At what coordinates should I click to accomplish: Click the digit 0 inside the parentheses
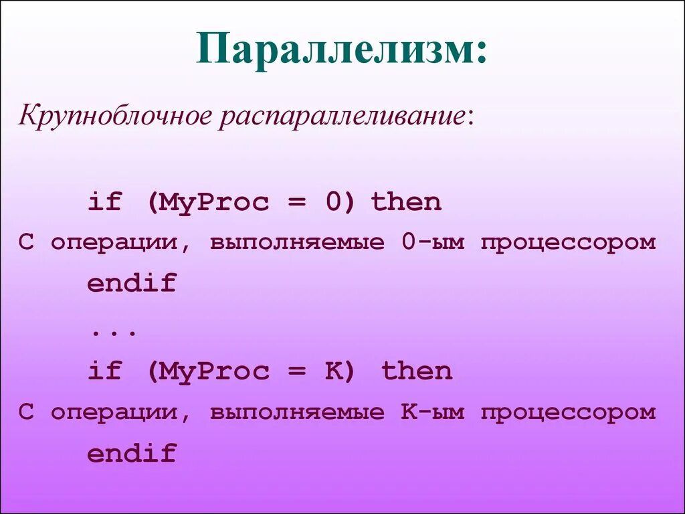(x=334, y=202)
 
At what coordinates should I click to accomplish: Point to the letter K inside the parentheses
(x=334, y=371)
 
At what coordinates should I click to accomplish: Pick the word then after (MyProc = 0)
(x=406, y=202)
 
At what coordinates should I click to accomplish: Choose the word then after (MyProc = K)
(x=417, y=371)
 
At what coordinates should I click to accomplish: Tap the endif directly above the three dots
(x=131, y=284)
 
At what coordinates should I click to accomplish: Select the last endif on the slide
(x=131, y=454)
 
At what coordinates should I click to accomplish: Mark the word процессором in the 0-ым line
(x=568, y=242)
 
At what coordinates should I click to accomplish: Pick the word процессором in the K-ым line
(x=568, y=412)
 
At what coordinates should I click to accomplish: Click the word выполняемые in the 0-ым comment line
(x=298, y=242)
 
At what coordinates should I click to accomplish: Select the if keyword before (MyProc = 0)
(x=104, y=202)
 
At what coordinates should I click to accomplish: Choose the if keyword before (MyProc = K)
(x=104, y=371)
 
